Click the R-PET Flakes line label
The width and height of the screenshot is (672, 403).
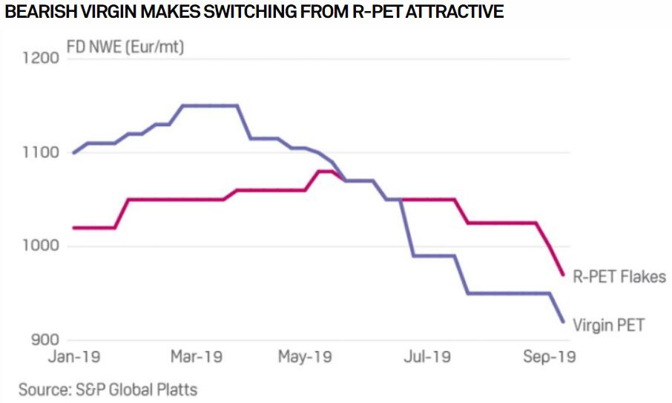click(x=619, y=276)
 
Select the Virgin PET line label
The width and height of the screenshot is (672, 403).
click(x=610, y=324)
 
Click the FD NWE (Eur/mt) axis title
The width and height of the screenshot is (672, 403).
click(x=126, y=47)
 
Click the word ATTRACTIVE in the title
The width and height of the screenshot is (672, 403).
click(x=455, y=12)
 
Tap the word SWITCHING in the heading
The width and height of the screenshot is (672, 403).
click(x=240, y=12)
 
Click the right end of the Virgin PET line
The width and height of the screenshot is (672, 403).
click(x=564, y=322)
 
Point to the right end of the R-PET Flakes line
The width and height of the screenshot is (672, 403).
click(x=564, y=275)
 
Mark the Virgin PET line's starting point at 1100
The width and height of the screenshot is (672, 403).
click(x=73, y=153)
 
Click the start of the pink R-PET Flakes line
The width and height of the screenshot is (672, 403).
click(x=73, y=228)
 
